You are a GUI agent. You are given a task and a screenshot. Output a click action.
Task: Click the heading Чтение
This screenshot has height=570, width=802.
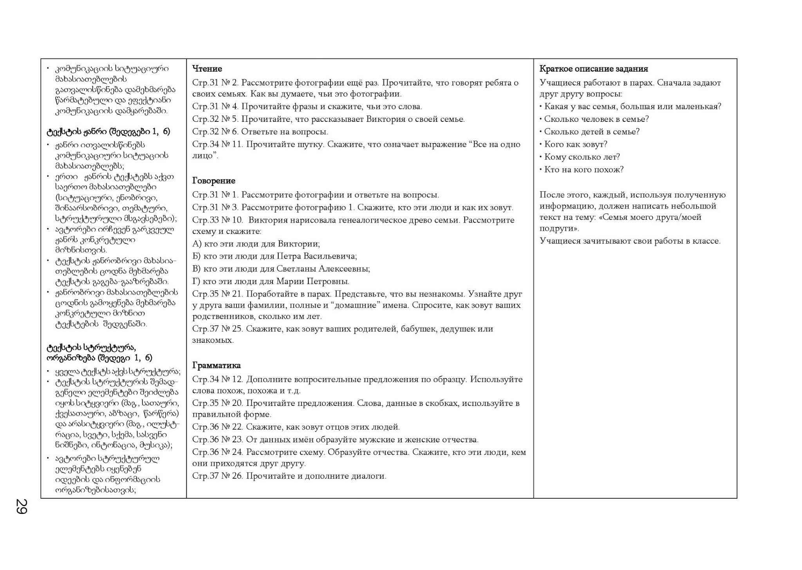click(x=207, y=69)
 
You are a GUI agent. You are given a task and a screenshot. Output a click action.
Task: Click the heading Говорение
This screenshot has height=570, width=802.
click(x=214, y=181)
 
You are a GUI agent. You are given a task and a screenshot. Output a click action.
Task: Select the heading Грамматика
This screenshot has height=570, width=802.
click(x=217, y=366)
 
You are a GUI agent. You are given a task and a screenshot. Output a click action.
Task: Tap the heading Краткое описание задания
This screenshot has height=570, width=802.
click(x=594, y=69)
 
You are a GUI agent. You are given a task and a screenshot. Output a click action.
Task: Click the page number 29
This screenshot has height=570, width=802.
click(x=21, y=506)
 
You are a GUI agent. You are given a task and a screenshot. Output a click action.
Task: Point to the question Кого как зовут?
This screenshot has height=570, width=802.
click(x=576, y=145)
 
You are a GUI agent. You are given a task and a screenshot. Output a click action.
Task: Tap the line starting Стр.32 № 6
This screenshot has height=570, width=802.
click(x=260, y=132)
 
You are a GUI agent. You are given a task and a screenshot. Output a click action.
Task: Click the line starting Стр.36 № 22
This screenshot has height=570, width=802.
click(x=296, y=427)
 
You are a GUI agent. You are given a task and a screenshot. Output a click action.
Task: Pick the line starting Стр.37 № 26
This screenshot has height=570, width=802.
click(x=289, y=476)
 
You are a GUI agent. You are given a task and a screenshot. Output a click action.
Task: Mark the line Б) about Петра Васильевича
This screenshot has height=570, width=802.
click(x=275, y=257)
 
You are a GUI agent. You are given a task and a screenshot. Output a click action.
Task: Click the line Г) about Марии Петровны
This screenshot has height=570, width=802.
click(x=271, y=282)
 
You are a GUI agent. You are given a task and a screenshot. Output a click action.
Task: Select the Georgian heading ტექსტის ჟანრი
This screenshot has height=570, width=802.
click(x=108, y=132)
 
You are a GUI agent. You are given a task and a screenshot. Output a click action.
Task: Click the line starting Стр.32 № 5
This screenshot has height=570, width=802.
click(x=328, y=119)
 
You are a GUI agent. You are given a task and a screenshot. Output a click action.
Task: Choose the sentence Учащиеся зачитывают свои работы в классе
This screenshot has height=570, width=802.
click(x=630, y=241)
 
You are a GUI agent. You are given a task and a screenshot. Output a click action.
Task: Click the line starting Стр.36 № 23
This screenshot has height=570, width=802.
click(x=335, y=440)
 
